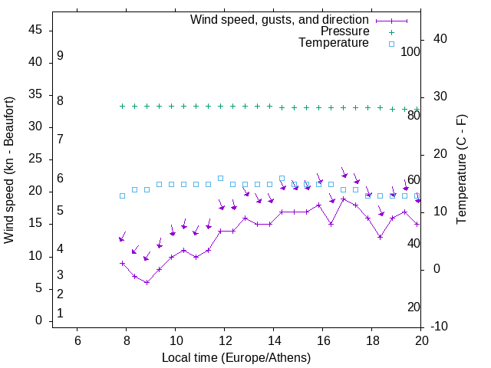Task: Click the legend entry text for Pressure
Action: point(344,31)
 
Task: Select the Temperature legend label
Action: point(334,43)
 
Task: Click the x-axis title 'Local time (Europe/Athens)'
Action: point(236,358)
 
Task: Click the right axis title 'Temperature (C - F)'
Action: point(461,170)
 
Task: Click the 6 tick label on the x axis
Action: point(77,340)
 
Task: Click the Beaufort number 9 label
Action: point(60,56)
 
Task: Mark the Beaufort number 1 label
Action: point(60,314)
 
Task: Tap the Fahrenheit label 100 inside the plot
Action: point(410,52)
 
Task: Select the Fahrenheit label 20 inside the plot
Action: point(414,307)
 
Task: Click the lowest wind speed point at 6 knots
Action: point(147,282)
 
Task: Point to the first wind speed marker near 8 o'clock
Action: point(122,263)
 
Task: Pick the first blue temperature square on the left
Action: point(122,195)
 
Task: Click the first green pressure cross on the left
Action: point(122,106)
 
